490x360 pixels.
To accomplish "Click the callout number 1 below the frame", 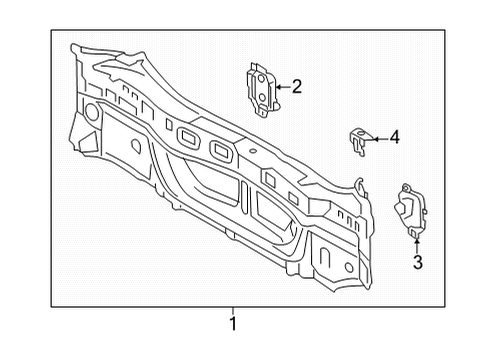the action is coord(233,323).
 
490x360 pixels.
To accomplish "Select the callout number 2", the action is coord(296,87).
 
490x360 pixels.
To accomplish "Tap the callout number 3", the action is coord(418,262).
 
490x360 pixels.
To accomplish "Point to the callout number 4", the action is coord(394,137).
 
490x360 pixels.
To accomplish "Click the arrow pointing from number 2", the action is coord(283,87).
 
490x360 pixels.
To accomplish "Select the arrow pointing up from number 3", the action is coord(417,246).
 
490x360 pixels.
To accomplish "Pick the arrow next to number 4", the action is coord(380,139).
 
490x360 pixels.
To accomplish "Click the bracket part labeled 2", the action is coord(262,89).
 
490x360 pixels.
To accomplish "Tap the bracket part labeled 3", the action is coord(411,210).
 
